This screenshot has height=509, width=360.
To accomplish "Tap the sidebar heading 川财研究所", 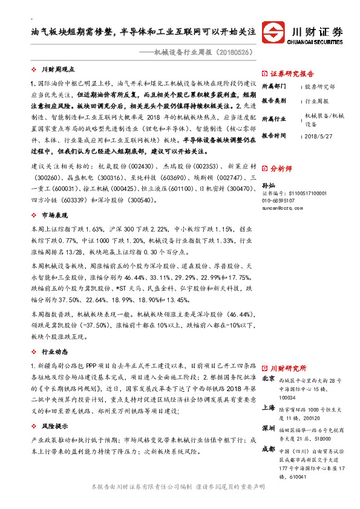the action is point(288,368).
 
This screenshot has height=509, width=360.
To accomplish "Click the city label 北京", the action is point(269,378).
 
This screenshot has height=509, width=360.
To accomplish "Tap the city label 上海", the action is point(269,408).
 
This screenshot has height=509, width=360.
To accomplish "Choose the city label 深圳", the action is point(269,428).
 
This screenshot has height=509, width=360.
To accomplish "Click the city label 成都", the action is point(269,449).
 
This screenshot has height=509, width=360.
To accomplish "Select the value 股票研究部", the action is point(320,87).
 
